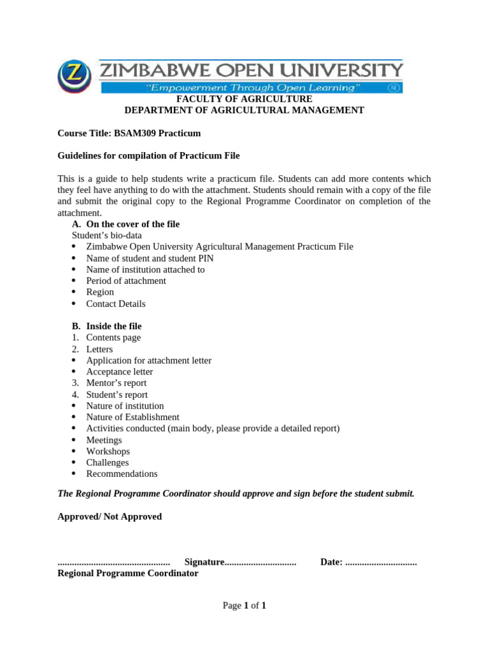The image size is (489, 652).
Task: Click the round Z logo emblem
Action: [x=75, y=76]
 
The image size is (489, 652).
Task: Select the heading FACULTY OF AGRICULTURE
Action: [x=244, y=99]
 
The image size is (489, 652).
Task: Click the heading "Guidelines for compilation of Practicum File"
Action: [x=148, y=156]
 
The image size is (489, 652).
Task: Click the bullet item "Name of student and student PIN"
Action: [x=150, y=258]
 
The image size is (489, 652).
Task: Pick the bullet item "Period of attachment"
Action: [x=126, y=281]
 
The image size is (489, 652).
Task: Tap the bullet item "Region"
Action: [x=100, y=292]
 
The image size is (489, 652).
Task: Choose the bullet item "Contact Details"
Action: [x=116, y=304]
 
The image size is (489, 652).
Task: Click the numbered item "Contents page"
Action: [x=113, y=337]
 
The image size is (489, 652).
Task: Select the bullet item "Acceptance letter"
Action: [x=120, y=372]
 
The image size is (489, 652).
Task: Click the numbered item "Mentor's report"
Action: [x=116, y=383]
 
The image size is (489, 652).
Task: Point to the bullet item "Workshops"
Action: [x=108, y=451]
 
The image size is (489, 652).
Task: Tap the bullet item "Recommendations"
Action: [x=122, y=474]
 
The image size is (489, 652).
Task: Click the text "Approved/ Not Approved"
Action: [x=110, y=516]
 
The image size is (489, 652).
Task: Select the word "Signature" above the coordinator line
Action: [x=204, y=562]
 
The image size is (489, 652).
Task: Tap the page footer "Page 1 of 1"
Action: [x=244, y=606]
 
